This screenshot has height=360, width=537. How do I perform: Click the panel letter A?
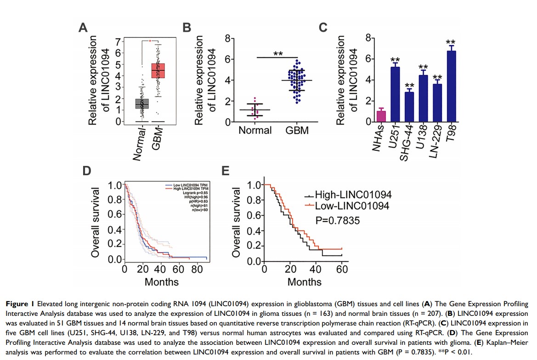[x=83, y=28]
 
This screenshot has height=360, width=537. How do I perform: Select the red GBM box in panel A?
[x=158, y=70]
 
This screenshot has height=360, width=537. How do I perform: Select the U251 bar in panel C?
[x=395, y=94]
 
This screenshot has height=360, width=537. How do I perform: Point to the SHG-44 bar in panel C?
[x=409, y=107]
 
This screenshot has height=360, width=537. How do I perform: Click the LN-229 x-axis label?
[x=435, y=138]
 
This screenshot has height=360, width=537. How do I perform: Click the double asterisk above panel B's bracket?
[x=278, y=54]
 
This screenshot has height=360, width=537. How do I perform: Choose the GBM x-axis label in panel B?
[x=297, y=131]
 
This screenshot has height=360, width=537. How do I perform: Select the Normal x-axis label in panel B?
[x=255, y=131]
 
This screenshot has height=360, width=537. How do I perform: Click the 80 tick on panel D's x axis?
[x=196, y=269]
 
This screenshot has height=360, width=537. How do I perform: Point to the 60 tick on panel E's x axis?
[x=342, y=270]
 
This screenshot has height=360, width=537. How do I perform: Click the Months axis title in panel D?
[x=161, y=281]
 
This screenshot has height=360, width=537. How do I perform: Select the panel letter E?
[x=225, y=171]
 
